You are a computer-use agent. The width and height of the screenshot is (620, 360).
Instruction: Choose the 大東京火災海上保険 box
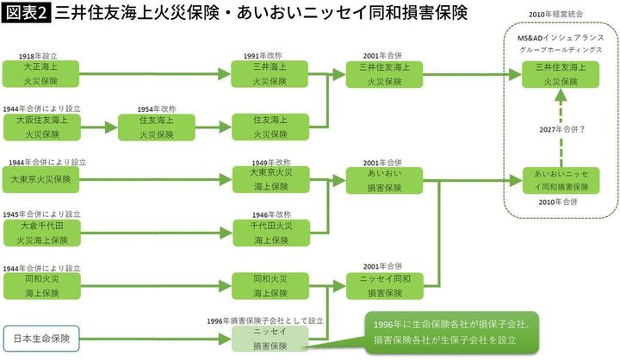point(267,180)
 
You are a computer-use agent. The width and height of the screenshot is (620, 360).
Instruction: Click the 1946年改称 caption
point(266,214)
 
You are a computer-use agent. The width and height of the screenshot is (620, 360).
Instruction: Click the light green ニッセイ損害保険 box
point(267,336)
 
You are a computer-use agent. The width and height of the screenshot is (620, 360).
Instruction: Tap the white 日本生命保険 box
point(42,336)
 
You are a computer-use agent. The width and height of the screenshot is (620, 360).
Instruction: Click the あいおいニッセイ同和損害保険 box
point(561,180)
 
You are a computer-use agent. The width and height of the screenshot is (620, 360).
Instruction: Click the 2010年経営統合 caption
point(561,17)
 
